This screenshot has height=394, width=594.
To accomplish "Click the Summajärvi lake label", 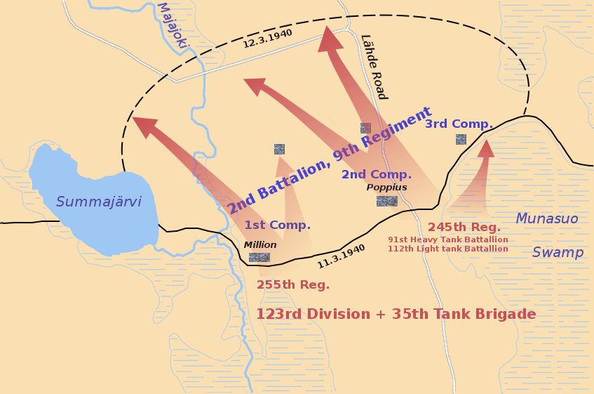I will [99, 202].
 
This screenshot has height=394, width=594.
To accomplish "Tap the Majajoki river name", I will [173, 25].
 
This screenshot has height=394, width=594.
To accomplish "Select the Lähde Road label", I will [374, 67].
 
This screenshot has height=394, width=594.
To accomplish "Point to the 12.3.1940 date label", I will [268, 39].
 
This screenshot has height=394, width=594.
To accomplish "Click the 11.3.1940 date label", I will [342, 256].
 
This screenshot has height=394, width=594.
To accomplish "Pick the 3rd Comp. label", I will [459, 124].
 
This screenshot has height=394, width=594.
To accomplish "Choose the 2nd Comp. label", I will [377, 174].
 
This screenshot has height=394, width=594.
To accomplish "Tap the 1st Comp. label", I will [278, 225].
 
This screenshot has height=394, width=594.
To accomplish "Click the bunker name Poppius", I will [386, 188].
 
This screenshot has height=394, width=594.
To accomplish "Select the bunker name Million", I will [260, 244].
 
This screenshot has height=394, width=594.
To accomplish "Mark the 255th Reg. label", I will [293, 284].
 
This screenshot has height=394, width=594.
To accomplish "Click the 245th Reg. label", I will [464, 227].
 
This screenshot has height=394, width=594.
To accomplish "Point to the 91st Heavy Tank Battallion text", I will [448, 239].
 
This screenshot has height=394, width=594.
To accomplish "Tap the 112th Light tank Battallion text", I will [448, 249].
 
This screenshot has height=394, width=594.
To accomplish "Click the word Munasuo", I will [547, 219].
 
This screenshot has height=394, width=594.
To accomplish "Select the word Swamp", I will [558, 252].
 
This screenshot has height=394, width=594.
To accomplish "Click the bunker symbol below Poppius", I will [386, 201].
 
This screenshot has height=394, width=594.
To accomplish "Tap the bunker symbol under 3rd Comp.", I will [461, 139].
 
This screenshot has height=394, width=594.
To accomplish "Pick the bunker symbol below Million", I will [259, 257].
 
